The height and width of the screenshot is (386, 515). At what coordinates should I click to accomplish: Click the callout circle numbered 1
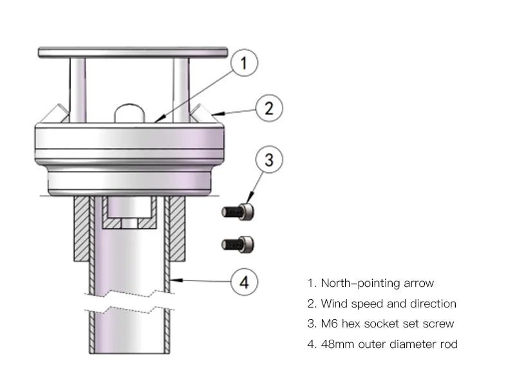[243, 63]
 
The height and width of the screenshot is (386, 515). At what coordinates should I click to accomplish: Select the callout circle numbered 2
[268, 107]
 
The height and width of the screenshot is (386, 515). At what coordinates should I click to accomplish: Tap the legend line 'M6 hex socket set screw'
[380, 324]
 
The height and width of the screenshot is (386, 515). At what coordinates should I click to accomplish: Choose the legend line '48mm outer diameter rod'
[382, 344]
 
